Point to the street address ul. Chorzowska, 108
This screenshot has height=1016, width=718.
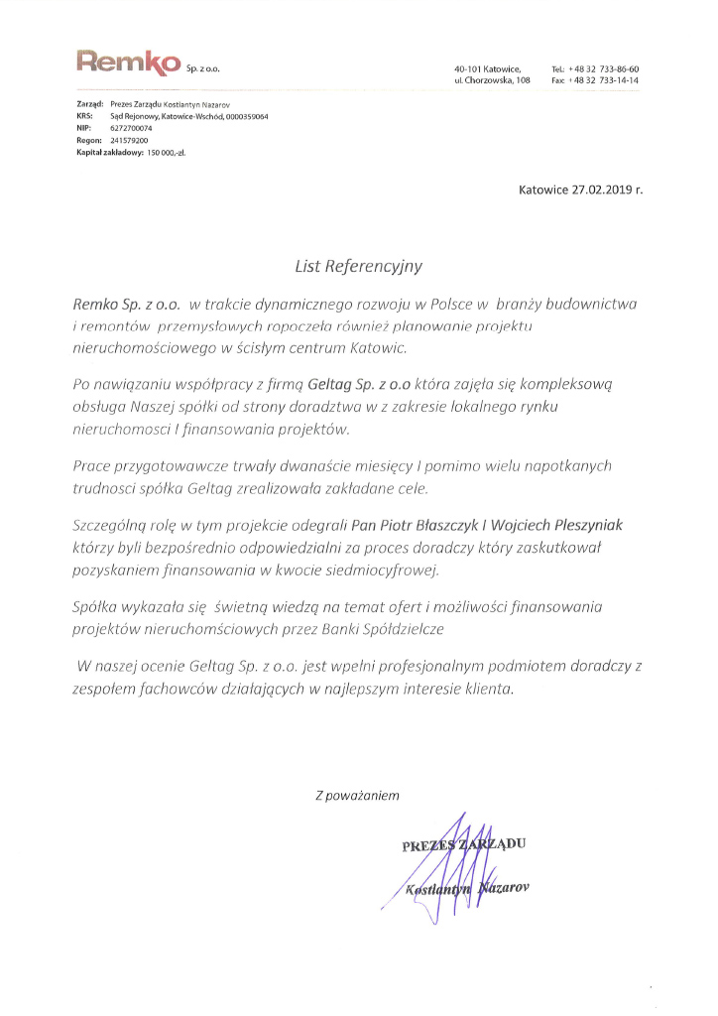click(x=493, y=79)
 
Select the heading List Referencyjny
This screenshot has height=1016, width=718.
click(x=358, y=266)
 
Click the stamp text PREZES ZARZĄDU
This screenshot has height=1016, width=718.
click(x=462, y=846)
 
